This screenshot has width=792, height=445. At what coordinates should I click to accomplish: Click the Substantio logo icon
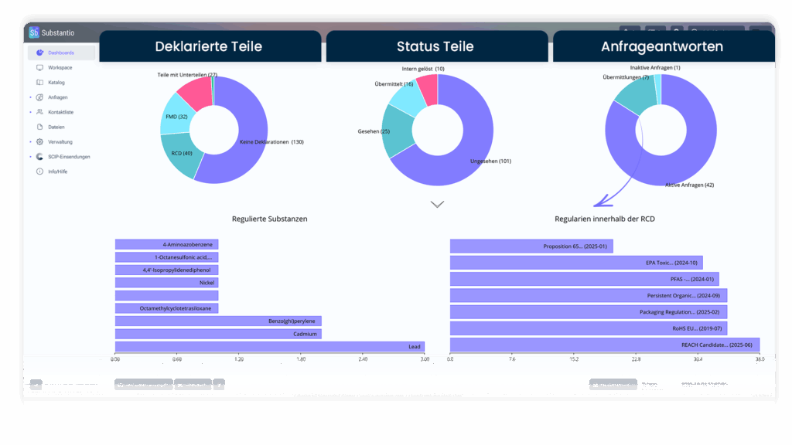[34, 32]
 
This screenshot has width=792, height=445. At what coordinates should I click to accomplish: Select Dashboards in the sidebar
[61, 53]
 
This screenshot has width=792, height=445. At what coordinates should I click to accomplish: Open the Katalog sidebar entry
[56, 82]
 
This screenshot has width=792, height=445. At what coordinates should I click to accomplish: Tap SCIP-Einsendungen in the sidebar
[69, 157]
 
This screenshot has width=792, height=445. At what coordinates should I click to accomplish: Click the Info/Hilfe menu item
[57, 172]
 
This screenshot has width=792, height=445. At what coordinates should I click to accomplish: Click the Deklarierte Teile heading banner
[210, 46]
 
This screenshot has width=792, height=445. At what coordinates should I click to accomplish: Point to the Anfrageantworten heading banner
[663, 46]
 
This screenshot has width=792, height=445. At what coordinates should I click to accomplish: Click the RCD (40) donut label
[182, 154]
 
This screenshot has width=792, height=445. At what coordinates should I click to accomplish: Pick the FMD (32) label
[176, 117]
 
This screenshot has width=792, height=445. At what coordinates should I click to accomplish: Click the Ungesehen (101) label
[490, 161]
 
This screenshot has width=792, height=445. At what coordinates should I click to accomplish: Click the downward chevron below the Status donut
[437, 205]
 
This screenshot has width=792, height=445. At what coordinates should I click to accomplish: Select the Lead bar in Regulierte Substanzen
[269, 346]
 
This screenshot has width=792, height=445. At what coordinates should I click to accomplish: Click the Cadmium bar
[218, 334]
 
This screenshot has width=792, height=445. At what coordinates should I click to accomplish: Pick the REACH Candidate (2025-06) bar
[604, 345]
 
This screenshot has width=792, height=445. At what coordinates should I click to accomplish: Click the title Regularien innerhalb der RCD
[605, 219]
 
